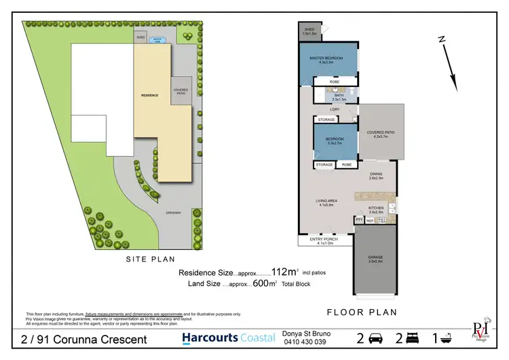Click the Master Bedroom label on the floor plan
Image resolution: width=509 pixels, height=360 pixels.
click(327, 59)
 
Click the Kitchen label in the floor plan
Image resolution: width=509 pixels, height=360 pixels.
click(375, 209)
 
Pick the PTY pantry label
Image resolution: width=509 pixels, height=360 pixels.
click(358, 221)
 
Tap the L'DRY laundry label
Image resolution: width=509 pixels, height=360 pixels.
click(334, 109)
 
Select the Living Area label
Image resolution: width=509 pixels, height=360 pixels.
click(328, 201)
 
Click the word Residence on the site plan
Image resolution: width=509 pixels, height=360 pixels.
click(149, 95)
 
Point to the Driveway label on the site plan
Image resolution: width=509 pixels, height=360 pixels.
click(173, 213)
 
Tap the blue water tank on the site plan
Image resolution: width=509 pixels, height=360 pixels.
click(159, 39)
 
